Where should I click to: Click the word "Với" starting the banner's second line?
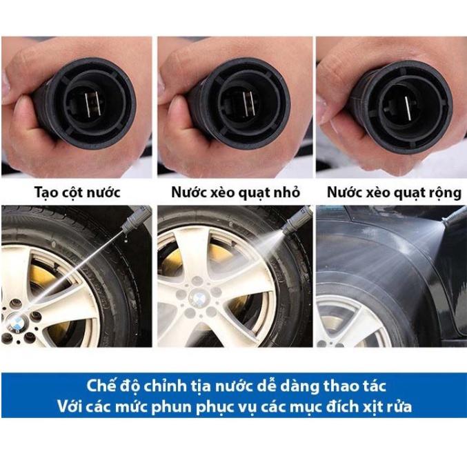pyautogui.click(x=68, y=406)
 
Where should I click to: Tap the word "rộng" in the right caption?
pyautogui.click(x=434, y=191)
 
